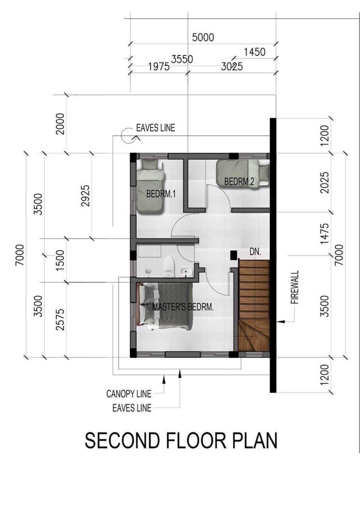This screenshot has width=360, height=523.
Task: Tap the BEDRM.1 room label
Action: pos(161,194)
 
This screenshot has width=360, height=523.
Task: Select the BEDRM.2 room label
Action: pos(239,182)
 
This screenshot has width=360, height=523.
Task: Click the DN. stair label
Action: pos(255,252)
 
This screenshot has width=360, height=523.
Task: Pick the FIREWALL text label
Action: pos(295,287)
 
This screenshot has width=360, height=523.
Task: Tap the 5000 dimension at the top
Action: pos(203,37)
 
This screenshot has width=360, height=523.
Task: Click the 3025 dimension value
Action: pos(232,67)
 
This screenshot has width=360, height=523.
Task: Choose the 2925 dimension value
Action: pos(86,196)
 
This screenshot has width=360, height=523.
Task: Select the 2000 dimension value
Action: pos(60,124)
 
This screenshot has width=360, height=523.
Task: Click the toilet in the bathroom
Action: pos(168,266)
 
